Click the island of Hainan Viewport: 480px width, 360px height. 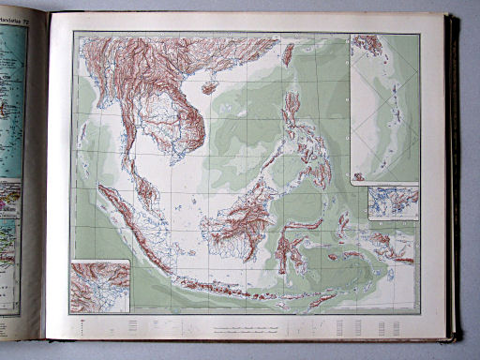210,87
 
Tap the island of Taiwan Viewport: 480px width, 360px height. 288,54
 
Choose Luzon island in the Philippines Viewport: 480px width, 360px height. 292,112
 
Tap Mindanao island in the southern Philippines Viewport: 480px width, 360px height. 313,174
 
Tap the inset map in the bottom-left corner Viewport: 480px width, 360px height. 99,286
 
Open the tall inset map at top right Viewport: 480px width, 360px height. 384,107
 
